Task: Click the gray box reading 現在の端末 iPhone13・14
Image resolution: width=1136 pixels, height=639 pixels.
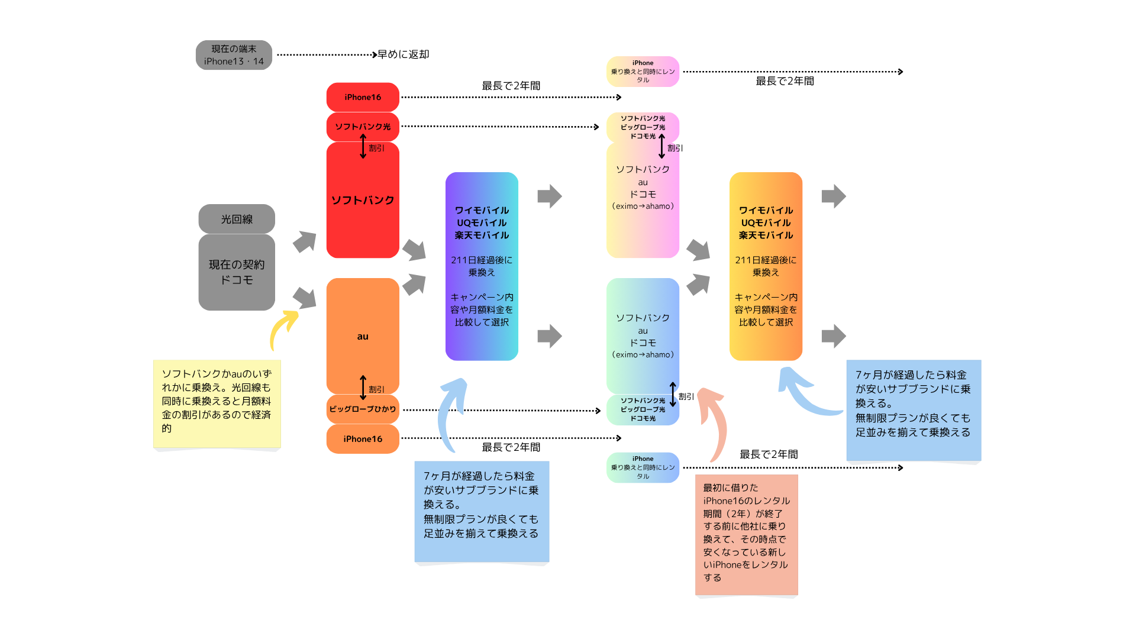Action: tap(234, 55)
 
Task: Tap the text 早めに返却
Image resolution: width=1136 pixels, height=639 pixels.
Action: tap(404, 54)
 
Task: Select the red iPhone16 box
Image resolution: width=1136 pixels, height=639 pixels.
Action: tap(363, 97)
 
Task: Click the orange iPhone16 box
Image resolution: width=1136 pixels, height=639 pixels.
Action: tap(363, 439)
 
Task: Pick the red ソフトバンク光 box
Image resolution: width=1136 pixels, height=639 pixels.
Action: tap(363, 127)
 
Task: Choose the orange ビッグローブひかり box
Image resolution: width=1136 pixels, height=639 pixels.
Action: tap(363, 409)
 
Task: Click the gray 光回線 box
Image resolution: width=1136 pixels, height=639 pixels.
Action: tap(237, 219)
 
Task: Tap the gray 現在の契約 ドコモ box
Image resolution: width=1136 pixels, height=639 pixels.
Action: tap(237, 272)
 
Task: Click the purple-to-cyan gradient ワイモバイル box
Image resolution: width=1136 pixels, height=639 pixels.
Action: tap(482, 266)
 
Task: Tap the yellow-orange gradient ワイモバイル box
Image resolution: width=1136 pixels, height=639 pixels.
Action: tap(766, 266)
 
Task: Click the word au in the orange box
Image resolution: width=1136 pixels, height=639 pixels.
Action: tap(363, 337)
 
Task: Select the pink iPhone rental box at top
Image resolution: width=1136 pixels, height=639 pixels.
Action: tap(643, 72)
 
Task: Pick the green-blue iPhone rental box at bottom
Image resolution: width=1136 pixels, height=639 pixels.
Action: tap(643, 467)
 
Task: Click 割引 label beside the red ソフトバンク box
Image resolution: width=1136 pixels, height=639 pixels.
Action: tap(376, 148)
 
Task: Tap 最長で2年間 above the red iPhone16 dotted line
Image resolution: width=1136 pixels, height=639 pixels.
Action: tap(511, 86)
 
